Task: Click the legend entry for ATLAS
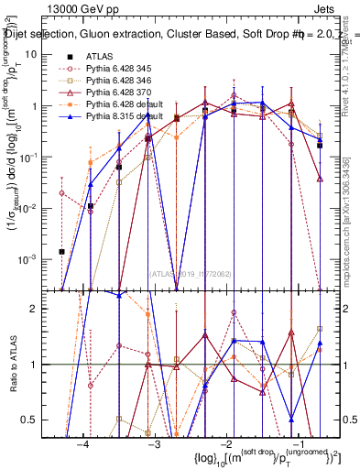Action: (101, 56)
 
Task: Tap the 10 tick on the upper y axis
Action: (37, 54)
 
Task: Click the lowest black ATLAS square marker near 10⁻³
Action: (61, 251)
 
